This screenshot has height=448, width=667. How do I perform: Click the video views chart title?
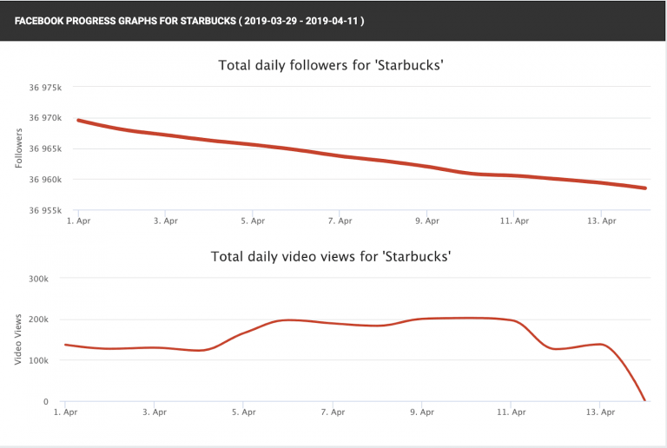[x=333, y=256]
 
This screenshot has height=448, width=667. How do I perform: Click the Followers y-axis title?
[x=20, y=148]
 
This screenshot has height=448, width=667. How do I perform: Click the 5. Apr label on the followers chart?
[x=253, y=221]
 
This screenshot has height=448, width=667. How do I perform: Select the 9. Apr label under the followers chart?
[x=427, y=221]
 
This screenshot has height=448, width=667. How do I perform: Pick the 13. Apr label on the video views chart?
[x=601, y=412]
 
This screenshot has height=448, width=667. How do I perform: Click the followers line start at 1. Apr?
[x=79, y=120]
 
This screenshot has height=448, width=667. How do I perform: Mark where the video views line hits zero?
[x=644, y=400]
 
